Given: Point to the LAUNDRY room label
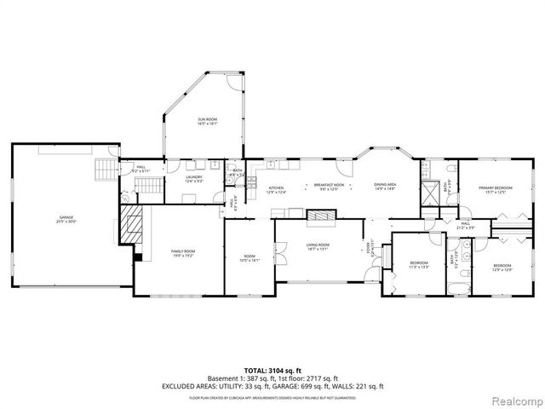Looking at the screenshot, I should click(194, 177).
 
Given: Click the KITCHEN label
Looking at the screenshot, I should click(276, 187).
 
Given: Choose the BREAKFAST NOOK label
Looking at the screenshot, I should click(328, 185).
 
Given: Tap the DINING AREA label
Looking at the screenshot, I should click(386, 185).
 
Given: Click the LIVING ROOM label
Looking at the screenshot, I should click(318, 245).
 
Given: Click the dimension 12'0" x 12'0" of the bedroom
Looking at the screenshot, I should click(502, 270).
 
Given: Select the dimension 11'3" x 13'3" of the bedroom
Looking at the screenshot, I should click(418, 267).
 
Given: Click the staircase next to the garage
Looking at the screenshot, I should click(106, 168).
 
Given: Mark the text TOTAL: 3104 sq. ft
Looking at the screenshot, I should click(273, 370).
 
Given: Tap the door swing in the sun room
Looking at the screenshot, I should click(232, 84).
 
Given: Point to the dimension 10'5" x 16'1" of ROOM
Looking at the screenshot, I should click(250, 261).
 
